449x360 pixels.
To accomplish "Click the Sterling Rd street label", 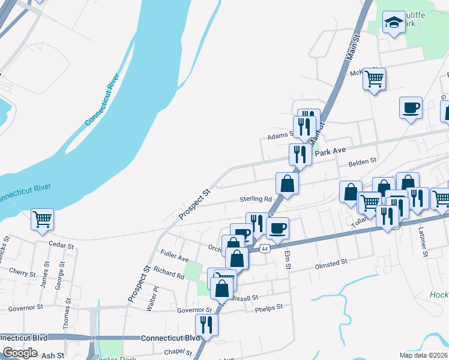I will tap(256, 199).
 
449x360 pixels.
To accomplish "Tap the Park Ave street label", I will tap(333, 153).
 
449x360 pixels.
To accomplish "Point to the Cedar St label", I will tap(61, 246).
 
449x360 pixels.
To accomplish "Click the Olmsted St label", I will tap(331, 263).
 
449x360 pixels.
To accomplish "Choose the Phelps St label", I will tap(268, 307).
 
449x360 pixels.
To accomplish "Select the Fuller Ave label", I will tap(174, 258).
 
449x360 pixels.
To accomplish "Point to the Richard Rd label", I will tap(169, 274).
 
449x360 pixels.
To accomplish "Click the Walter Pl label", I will tap(152, 298).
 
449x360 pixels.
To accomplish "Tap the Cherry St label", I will tap(22, 273).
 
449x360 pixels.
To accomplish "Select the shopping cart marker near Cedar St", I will tap(42, 219).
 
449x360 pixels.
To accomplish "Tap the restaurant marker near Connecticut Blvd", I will tap(206, 325).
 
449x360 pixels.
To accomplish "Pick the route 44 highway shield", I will tap(265, 248).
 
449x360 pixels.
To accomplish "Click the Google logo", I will tap(20, 353).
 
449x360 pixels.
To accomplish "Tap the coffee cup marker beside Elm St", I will tap(277, 228).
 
